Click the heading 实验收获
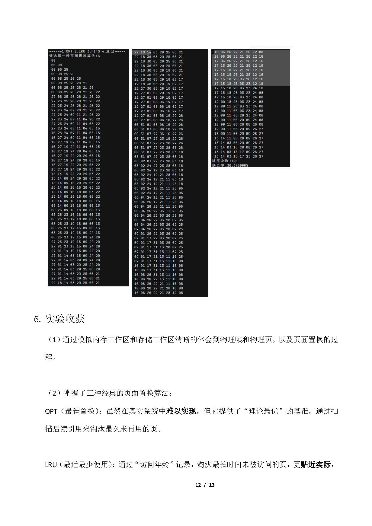click(x=65, y=319)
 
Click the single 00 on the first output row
click(x=53, y=60)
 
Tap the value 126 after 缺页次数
click(x=234, y=161)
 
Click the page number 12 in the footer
click(x=198, y=485)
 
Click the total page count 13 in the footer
click(x=212, y=485)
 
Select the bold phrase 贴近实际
click(x=316, y=464)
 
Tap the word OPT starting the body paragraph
click(x=51, y=411)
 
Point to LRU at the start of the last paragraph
click(x=51, y=465)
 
